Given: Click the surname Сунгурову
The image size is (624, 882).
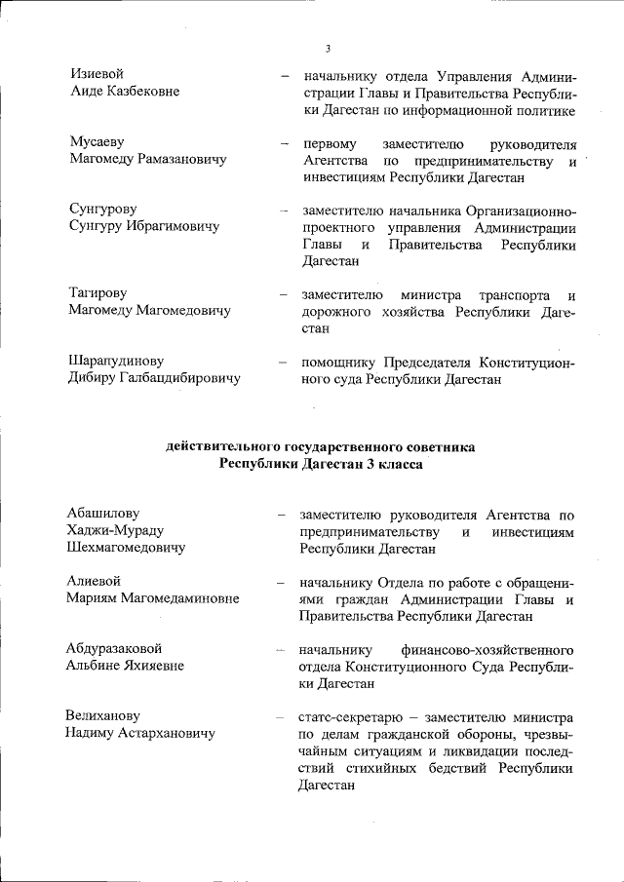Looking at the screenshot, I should coord(102,210).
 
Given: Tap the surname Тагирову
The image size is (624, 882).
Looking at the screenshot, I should coord(98,293).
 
